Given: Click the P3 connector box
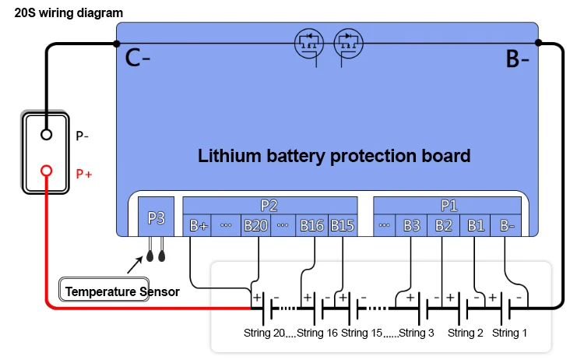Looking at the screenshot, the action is pyautogui.click(x=156, y=217).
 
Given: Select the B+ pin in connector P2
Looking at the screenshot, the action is pyautogui.click(x=197, y=225).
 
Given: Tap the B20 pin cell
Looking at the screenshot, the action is pyautogui.click(x=255, y=225).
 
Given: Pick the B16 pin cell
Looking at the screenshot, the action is pyautogui.click(x=311, y=225).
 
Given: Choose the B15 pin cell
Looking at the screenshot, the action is pyautogui.click(x=343, y=225).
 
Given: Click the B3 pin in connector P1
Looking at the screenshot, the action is pyautogui.click(x=411, y=225).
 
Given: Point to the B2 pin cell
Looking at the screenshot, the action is pyautogui.click(x=443, y=225).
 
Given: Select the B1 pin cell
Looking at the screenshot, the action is pyautogui.click(x=475, y=225).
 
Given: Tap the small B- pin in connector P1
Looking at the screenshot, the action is pyautogui.click(x=506, y=225).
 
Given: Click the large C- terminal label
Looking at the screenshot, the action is pyautogui.click(x=137, y=58).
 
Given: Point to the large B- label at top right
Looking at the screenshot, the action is pyautogui.click(x=517, y=59).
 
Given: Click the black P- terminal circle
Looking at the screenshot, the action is pyautogui.click(x=46, y=135).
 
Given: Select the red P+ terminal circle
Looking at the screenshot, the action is pyautogui.click(x=46, y=171).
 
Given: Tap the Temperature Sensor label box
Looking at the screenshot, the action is pyautogui.click(x=104, y=289).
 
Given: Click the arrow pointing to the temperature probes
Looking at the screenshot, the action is pyautogui.click(x=135, y=265).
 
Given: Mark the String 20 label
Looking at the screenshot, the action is pyautogui.click(x=264, y=333).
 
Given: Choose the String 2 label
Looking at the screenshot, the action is pyautogui.click(x=465, y=333).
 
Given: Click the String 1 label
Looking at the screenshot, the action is pyautogui.click(x=509, y=333).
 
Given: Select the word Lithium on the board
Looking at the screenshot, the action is pyautogui.click(x=229, y=156).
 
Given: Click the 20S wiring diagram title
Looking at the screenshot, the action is pyautogui.click(x=69, y=13).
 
